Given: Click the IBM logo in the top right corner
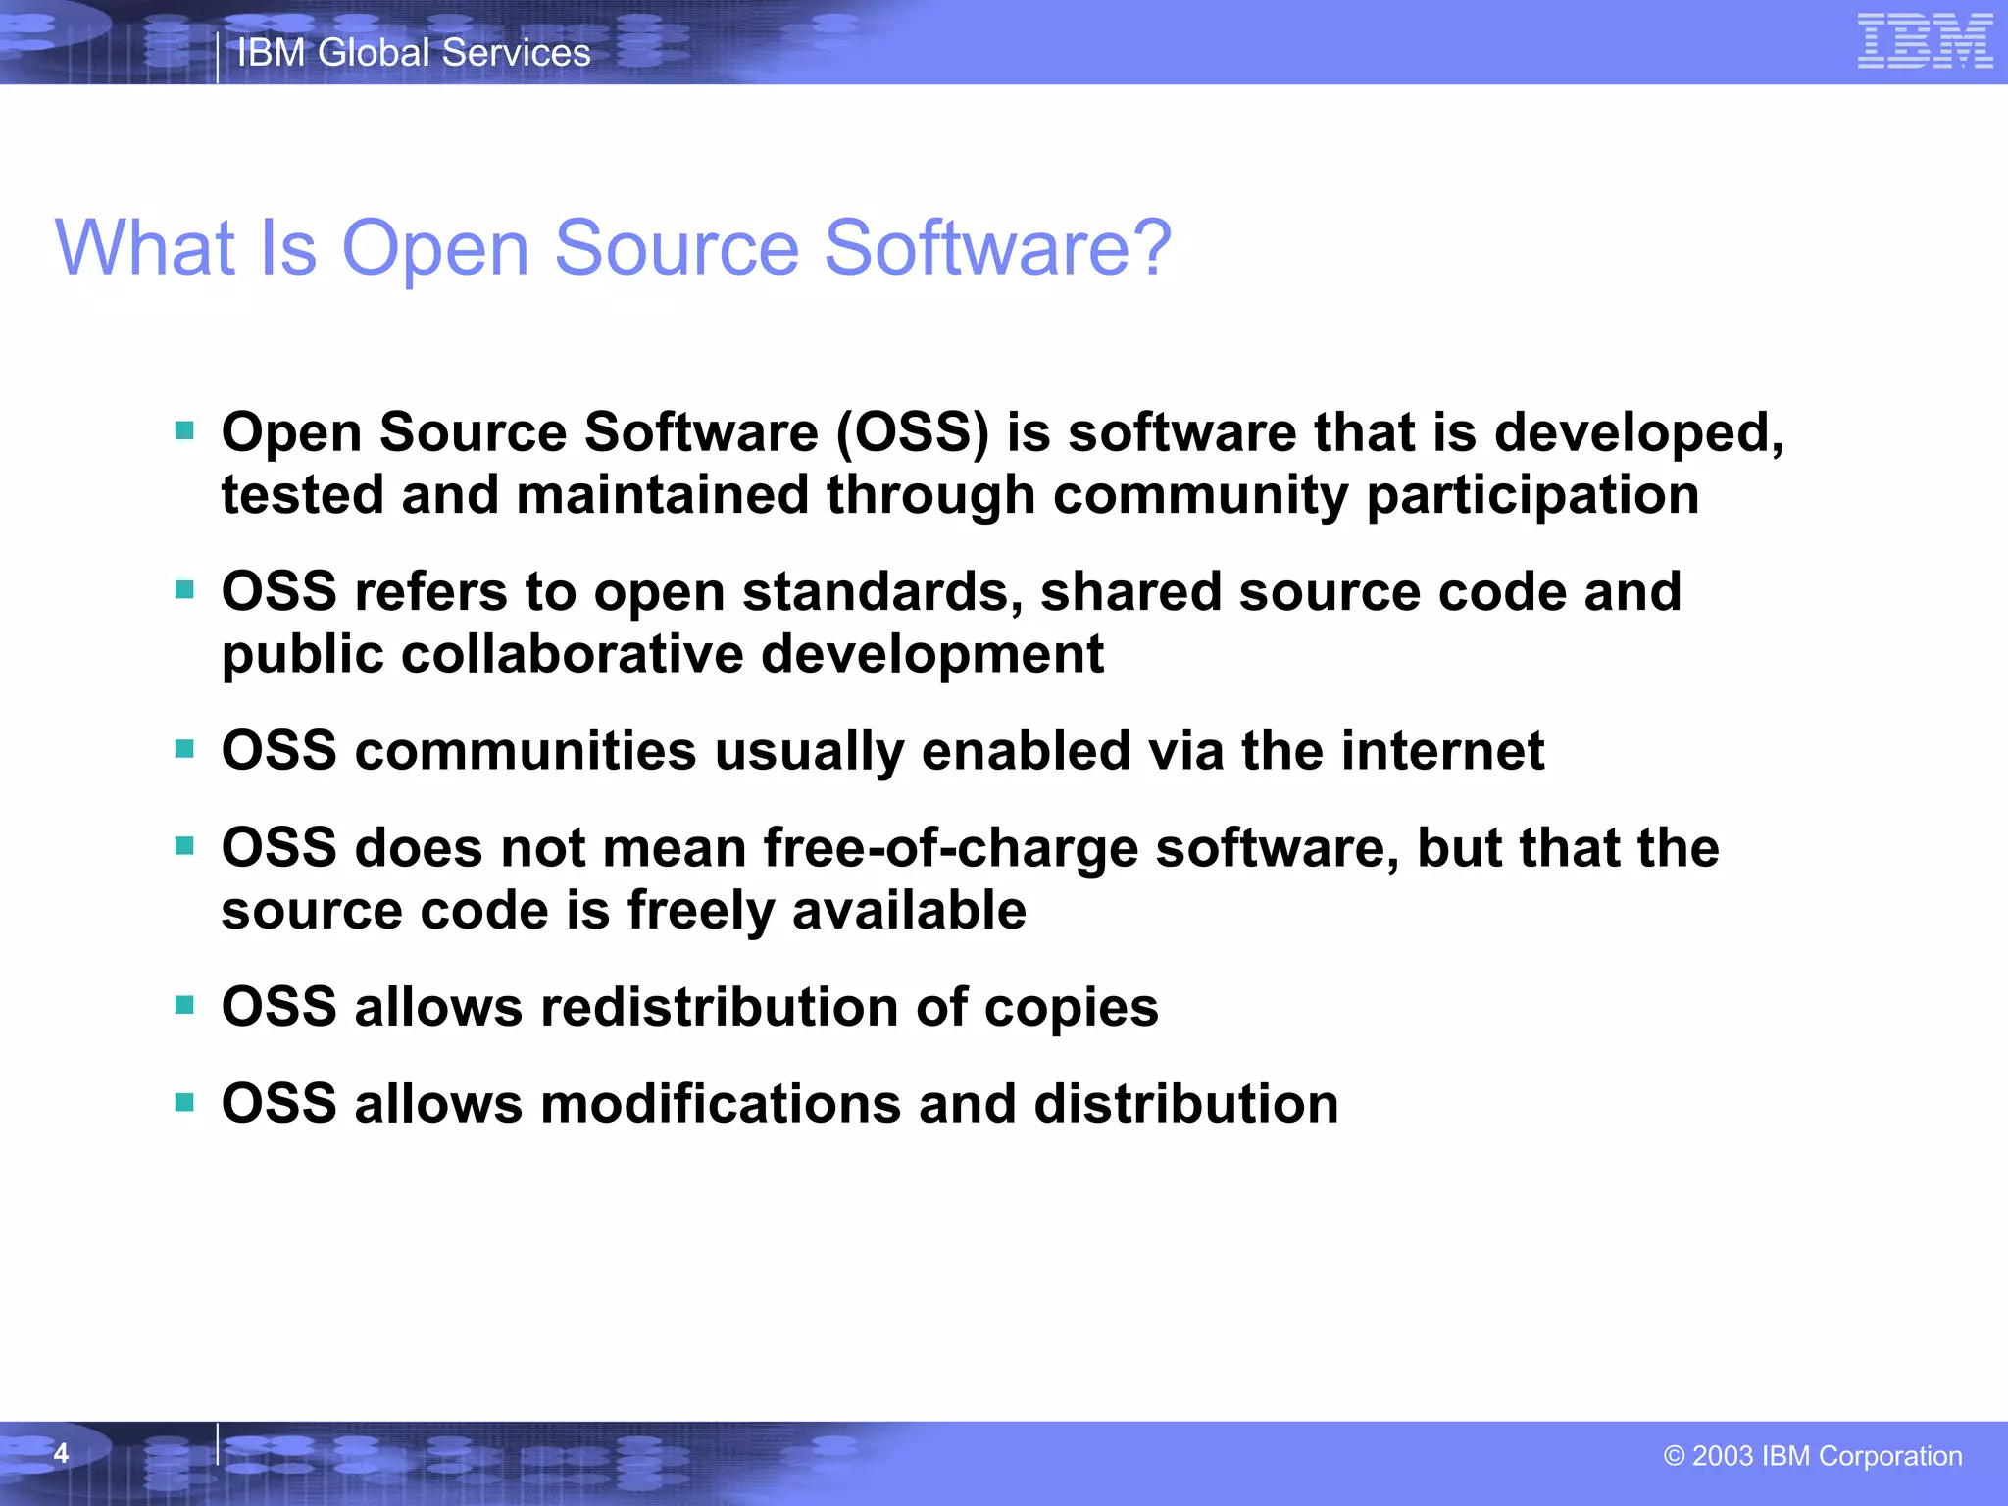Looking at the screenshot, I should pos(1925,41).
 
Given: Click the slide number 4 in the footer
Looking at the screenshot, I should pos(61,1453).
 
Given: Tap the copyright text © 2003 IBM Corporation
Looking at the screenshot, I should pos(1812,1456).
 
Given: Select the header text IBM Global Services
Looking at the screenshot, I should pos(414,53).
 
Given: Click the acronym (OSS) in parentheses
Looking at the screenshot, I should pos(913,432).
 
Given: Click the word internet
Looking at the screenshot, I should pos(1442,751).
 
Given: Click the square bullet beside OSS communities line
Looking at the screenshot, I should pos(184,750).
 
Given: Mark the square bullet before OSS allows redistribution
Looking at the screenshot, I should pos(184,1006).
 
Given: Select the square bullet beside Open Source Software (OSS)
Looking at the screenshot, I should pos(184,430).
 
